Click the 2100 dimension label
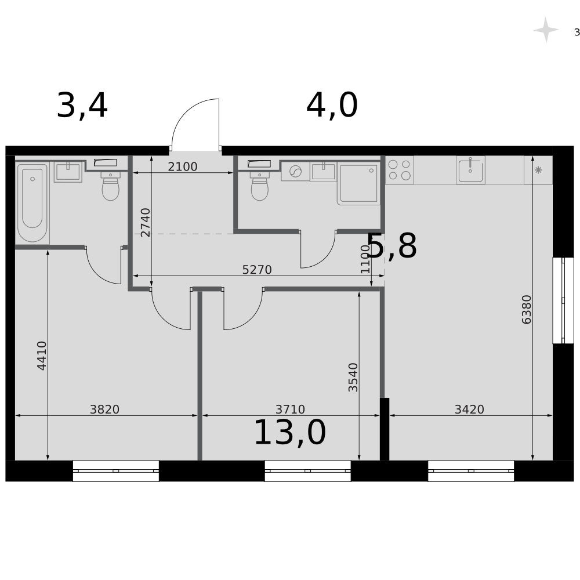tap(183, 167)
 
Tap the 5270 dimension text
tap(257, 270)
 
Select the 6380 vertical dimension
tap(527, 310)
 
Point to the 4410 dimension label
tap(42, 356)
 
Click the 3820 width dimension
tap(104, 409)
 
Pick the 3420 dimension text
tap(469, 409)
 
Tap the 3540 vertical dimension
tap(353, 378)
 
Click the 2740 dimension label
tap(146, 222)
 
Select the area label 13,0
tap(290, 433)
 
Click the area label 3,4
tap(82, 106)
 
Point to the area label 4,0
tap(332, 106)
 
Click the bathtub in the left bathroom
tap(32, 202)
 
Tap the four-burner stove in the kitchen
tap(400, 170)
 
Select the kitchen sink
tap(470, 170)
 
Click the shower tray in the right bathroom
tap(358, 183)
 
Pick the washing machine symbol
tap(295, 172)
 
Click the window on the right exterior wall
tap(563, 300)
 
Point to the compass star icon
tap(546, 30)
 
